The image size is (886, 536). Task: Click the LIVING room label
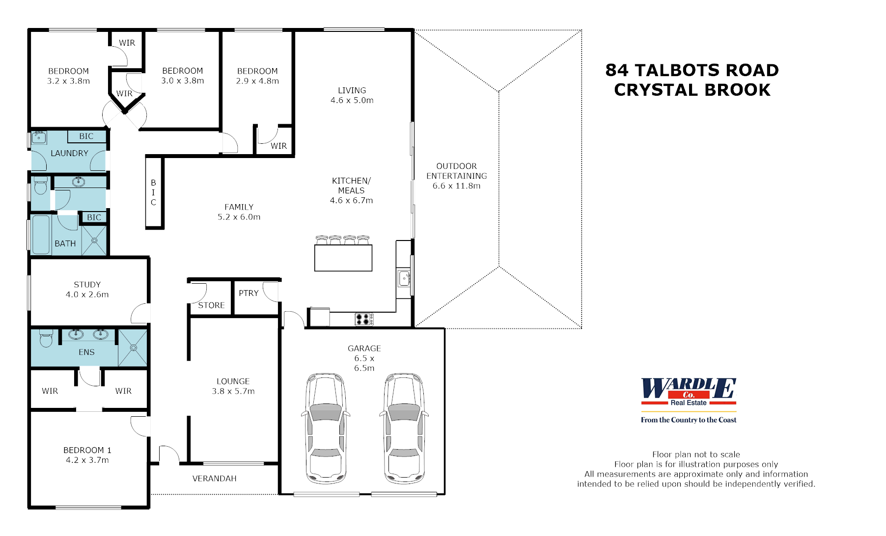point(352,90)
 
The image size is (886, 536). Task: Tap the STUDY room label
point(87,285)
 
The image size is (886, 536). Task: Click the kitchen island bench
point(343,258)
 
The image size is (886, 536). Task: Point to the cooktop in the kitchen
point(364,319)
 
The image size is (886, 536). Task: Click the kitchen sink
point(404,278)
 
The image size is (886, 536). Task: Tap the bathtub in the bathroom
point(41,235)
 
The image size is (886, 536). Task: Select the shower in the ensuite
point(133,348)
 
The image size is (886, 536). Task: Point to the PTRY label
point(249,293)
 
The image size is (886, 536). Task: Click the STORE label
point(211,305)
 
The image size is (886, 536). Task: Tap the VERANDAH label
point(214,479)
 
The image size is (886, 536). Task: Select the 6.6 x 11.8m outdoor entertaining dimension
point(456,186)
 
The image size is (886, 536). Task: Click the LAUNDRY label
point(69,153)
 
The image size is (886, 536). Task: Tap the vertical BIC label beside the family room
point(153,192)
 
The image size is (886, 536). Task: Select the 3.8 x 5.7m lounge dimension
point(233,391)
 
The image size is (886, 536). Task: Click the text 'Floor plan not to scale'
point(695,455)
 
